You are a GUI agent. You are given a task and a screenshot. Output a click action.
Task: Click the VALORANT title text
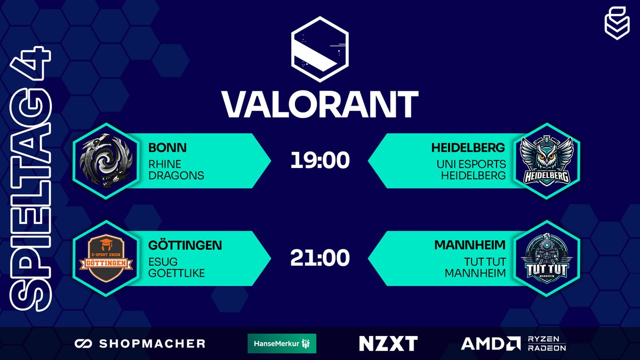click(319, 104)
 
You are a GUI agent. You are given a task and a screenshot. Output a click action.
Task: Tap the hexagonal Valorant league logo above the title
click(319, 49)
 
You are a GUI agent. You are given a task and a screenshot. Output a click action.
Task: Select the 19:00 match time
click(319, 161)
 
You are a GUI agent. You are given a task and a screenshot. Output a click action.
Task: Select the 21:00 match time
click(319, 258)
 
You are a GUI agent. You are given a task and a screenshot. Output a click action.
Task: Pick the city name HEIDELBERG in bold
click(468, 148)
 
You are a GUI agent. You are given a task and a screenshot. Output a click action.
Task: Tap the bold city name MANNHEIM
click(470, 246)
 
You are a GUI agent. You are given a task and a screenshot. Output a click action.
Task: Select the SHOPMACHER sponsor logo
click(140, 343)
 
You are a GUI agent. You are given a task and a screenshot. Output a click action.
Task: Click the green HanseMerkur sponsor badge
click(282, 343)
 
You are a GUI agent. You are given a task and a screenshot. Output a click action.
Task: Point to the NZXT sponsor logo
click(388, 343)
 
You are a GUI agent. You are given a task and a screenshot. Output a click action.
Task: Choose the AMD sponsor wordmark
click(490, 343)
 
